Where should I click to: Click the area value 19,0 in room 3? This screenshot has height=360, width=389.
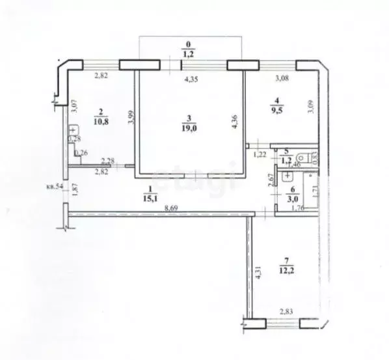tap(189, 128)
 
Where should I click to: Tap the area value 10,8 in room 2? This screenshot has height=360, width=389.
tap(100, 122)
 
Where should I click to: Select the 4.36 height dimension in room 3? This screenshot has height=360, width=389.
tap(234, 120)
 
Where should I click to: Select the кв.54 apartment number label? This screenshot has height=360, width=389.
tap(54, 186)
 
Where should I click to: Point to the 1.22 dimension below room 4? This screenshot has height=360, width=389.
tap(260, 154)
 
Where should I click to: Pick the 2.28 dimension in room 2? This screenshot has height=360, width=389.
tap(108, 162)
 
